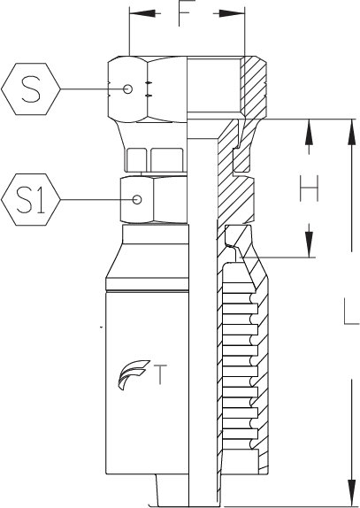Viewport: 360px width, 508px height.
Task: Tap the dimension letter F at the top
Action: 188,13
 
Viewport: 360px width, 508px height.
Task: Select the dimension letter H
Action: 310,189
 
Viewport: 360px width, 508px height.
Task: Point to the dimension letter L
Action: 351,312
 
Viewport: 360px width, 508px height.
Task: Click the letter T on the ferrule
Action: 160,374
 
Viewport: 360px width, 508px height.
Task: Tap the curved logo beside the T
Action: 134,375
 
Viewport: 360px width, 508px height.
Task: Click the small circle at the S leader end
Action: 127,89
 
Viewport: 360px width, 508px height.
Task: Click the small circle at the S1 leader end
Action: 137,200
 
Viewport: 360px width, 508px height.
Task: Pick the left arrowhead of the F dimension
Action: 142,13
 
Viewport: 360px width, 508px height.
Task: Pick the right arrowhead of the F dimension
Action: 232,13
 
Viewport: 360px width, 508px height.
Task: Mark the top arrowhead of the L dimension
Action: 352,132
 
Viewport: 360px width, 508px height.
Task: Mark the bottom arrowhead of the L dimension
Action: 352,492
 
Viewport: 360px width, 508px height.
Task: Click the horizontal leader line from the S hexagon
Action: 92,89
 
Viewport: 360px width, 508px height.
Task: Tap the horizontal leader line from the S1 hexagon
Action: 96,200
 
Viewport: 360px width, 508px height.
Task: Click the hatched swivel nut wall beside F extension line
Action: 254,87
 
